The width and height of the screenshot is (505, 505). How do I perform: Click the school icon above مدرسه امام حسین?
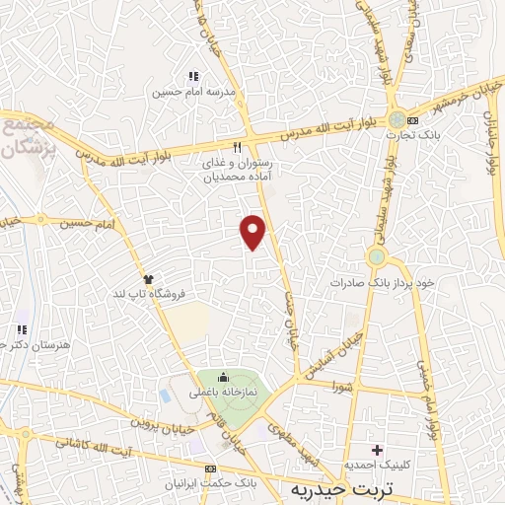[x=193, y=76]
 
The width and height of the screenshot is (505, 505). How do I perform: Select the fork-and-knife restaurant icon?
[x=236, y=146]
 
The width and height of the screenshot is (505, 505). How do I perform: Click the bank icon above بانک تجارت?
[x=412, y=120]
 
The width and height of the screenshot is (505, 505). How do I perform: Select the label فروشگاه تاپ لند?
[x=154, y=294]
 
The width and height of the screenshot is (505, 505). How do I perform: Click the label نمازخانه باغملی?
[x=226, y=392]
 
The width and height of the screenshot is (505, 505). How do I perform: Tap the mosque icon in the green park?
[x=223, y=377]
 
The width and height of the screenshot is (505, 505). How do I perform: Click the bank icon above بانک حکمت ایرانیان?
[x=209, y=469]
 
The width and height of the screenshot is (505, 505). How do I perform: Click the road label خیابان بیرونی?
[x=157, y=420]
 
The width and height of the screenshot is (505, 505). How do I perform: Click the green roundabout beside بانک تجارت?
[x=396, y=117]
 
